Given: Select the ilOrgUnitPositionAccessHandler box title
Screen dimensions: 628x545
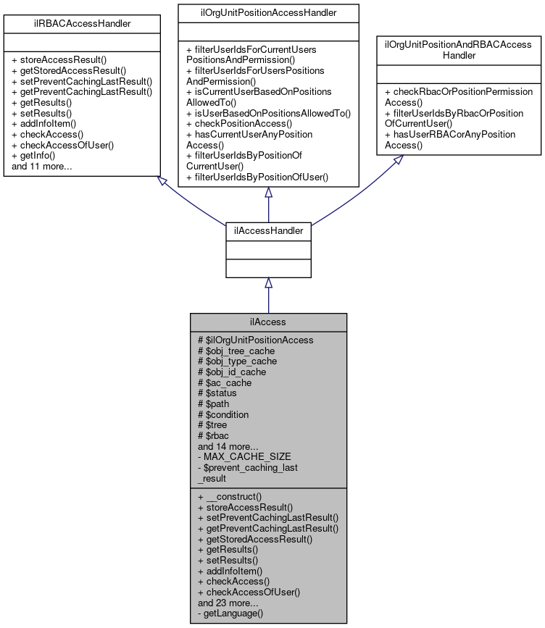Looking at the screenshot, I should [268, 12].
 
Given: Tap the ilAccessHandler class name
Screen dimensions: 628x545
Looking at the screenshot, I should [268, 230].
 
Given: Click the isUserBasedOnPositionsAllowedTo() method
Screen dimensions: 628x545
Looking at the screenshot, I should [268, 113].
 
